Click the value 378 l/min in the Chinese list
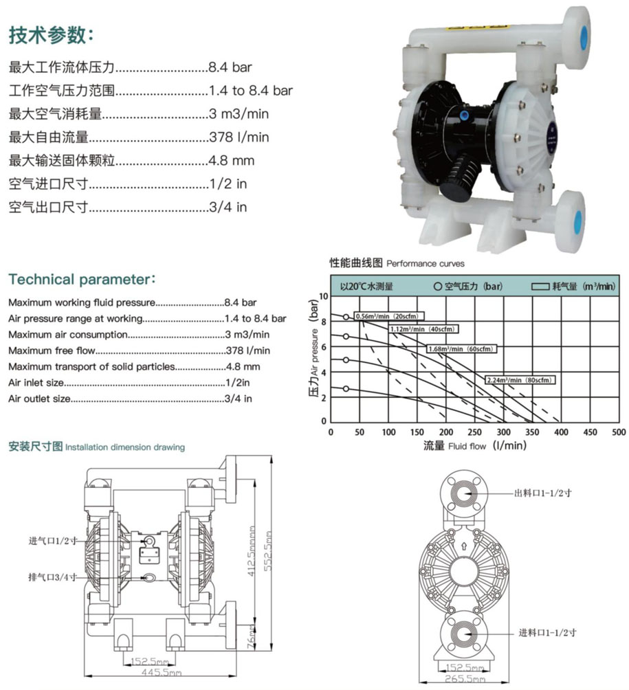[239, 137]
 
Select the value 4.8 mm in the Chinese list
[232, 161]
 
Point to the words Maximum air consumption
[68, 334]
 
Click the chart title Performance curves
[426, 263]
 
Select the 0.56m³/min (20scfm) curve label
[388, 315]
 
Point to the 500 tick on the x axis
[619, 432]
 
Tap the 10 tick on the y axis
[325, 296]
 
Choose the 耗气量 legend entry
[573, 286]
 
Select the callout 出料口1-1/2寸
[543, 493]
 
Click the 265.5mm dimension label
[467, 679]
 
